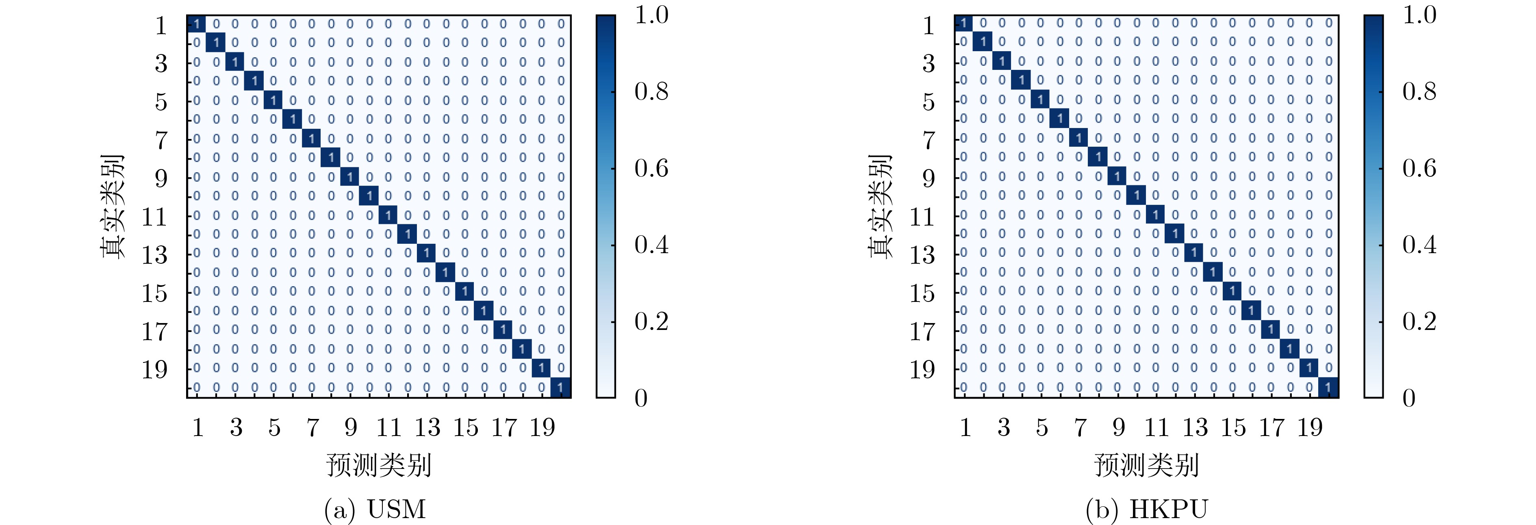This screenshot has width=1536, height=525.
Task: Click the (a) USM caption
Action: click(375, 509)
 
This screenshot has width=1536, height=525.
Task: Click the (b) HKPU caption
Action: click(1146, 509)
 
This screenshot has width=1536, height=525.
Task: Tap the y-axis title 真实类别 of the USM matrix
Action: click(113, 206)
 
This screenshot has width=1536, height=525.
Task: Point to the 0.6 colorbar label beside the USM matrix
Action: click(651, 168)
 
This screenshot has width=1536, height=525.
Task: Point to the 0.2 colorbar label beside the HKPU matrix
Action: click(1419, 321)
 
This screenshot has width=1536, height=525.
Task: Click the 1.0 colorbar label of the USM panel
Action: click(651, 15)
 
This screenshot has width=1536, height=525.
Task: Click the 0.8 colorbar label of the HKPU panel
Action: click(1419, 91)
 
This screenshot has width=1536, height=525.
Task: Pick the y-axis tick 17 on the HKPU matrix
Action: click(922, 331)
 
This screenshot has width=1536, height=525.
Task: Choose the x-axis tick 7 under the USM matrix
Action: click(312, 427)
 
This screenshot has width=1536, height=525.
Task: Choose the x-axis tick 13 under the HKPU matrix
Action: click(1195, 427)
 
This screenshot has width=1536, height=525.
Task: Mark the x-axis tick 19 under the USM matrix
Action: click(542, 427)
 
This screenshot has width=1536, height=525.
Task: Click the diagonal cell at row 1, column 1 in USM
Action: click(196, 24)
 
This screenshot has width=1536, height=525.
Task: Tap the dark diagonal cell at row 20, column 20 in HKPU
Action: click(1328, 388)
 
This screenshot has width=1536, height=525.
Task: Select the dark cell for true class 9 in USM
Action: click(349, 177)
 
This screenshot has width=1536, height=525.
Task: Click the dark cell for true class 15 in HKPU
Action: click(1232, 291)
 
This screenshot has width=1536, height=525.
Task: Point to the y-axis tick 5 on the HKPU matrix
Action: click(929, 102)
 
